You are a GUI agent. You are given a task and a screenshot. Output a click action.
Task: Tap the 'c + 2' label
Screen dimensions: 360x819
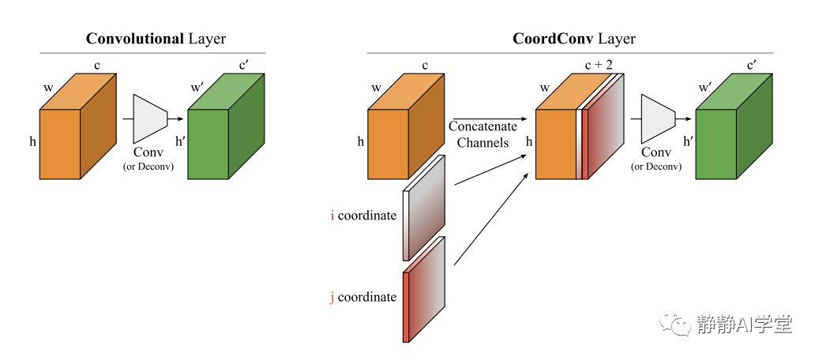click(599, 65)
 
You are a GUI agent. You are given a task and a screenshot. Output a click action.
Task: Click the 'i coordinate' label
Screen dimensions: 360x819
click(363, 215)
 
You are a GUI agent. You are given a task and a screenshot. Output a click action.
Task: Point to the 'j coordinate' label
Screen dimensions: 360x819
click(363, 297)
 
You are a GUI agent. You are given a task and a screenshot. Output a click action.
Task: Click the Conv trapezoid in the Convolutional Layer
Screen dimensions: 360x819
click(150, 119)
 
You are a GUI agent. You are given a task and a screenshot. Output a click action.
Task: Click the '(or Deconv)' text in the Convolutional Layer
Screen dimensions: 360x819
click(148, 167)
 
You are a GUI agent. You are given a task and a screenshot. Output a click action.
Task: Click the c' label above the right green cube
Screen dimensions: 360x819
click(753, 65)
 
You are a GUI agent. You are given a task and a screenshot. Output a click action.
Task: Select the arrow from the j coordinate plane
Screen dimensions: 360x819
click(492, 220)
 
